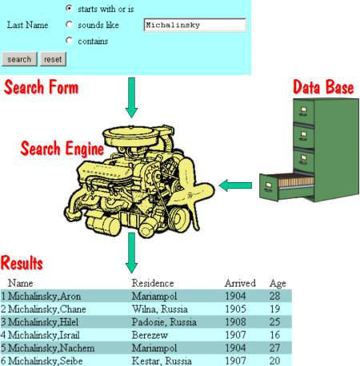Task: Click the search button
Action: (19, 59)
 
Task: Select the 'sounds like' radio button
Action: (69, 25)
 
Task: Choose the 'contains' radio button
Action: (69, 41)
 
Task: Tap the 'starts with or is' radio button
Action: (69, 8)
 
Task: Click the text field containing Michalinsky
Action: (194, 25)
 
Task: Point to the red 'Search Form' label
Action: (42, 87)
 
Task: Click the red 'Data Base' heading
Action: (323, 87)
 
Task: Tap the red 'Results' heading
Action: (22, 263)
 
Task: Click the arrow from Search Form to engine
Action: (131, 97)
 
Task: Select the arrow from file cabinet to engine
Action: (235, 185)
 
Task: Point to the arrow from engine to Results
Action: (131, 253)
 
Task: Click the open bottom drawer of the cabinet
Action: (286, 186)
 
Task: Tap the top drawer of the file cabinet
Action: (303, 111)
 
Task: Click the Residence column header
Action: (153, 283)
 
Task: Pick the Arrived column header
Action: (240, 283)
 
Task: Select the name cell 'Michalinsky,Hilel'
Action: (43, 322)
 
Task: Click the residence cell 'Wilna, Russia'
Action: (160, 309)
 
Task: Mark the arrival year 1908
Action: (235, 322)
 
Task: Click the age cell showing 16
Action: (274, 335)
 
